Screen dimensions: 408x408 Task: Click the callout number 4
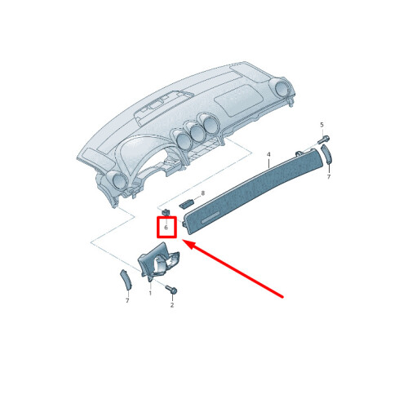click(x=268, y=154)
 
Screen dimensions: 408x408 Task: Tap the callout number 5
click(x=322, y=125)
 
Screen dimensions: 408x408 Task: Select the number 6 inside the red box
click(x=166, y=228)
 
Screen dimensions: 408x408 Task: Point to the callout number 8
click(x=202, y=193)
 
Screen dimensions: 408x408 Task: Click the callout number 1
click(x=150, y=293)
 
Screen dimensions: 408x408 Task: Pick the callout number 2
click(x=172, y=305)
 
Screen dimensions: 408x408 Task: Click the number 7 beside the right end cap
click(x=329, y=177)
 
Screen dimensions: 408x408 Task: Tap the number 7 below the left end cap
click(x=127, y=300)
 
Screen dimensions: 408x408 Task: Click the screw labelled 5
click(x=324, y=140)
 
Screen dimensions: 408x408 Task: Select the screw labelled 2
click(x=171, y=289)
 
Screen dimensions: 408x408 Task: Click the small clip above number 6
click(x=166, y=212)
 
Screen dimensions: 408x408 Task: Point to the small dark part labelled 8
click(x=186, y=203)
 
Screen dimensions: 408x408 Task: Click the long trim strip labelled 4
click(x=253, y=190)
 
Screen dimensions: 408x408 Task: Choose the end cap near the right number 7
click(x=326, y=154)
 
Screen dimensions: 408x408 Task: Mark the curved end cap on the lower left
click(x=126, y=279)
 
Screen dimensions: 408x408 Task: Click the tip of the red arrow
click(x=181, y=240)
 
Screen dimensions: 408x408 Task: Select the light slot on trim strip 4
click(x=211, y=218)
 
